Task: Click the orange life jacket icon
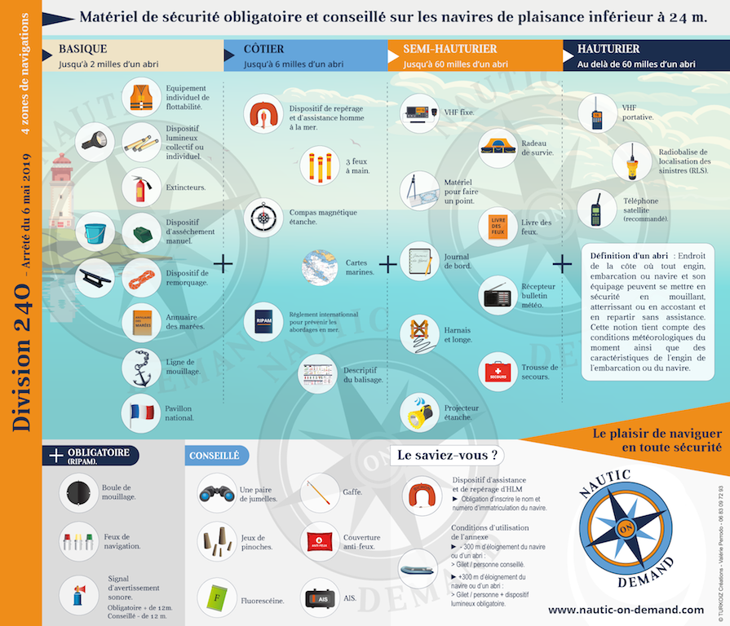coord(141,97)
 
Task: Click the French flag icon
coord(141,412)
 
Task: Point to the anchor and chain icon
coord(141,368)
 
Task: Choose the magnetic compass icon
coord(265,217)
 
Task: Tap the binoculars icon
coord(216,492)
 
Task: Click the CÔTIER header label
coord(264,50)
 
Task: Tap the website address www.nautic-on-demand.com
coord(626,609)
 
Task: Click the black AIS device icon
coord(321,598)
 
